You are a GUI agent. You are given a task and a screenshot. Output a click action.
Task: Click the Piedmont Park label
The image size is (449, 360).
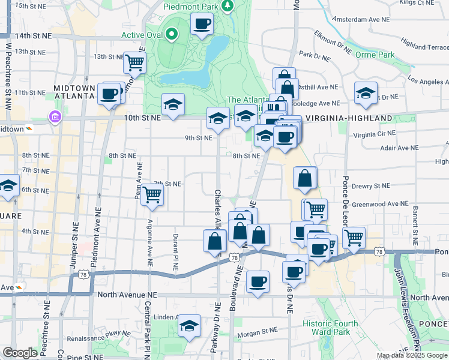[x=192, y=6]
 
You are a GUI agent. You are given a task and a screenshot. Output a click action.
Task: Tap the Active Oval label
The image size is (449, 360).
[x=142, y=34]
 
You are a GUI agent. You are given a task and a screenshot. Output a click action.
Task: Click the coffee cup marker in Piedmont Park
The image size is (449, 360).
[x=202, y=24]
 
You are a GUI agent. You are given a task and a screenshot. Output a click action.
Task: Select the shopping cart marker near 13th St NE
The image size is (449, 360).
[x=134, y=61]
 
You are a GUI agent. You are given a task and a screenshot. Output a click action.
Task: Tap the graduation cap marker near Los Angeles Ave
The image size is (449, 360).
[x=366, y=93]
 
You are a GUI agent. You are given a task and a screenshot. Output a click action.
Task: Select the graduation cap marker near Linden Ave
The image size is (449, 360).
[x=190, y=326]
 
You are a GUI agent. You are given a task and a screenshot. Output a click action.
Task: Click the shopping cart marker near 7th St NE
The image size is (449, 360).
[x=152, y=194]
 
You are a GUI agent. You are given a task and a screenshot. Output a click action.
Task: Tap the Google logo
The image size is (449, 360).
[x=20, y=353]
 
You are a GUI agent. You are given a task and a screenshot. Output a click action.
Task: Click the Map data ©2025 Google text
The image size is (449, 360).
[x=412, y=355]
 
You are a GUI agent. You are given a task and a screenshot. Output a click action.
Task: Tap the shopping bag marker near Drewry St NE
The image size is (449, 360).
[x=305, y=178]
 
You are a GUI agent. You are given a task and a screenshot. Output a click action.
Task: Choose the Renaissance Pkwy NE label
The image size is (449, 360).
[x=89, y=338]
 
